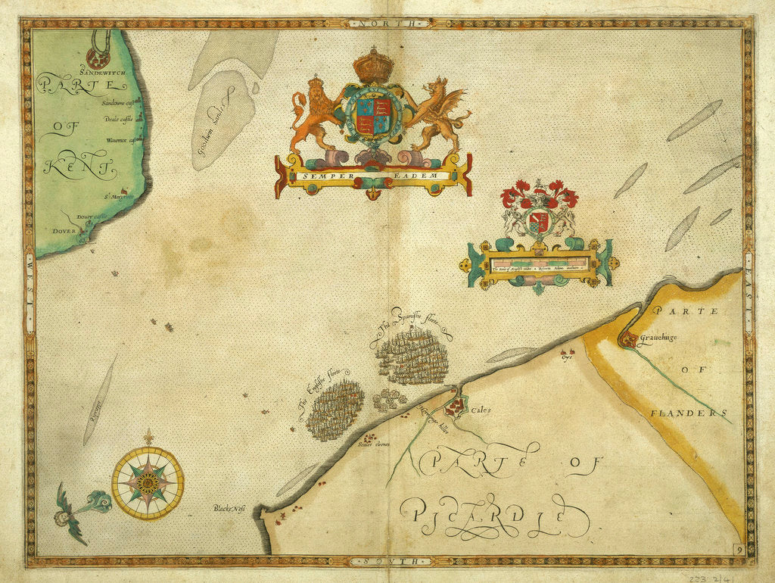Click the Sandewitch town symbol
98,57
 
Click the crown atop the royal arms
373,65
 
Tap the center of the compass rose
148,482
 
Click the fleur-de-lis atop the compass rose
148,438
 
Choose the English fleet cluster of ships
335,410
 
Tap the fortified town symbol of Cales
455,408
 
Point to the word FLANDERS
689,413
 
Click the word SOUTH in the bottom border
387,561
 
